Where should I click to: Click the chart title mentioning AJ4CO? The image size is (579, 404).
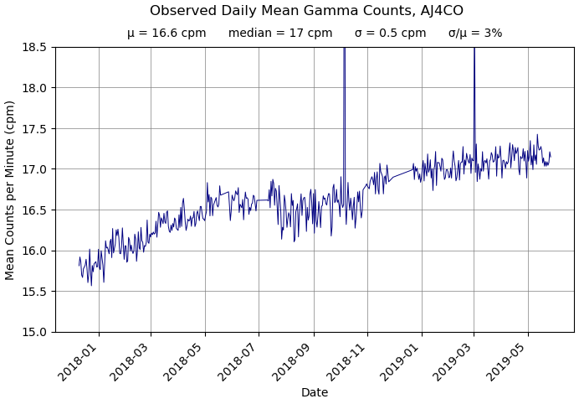coord(306,11)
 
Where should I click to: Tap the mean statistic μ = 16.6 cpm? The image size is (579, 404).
coord(167,34)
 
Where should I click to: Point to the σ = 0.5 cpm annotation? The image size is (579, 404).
coord(390,34)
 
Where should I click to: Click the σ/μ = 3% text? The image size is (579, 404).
coord(475,34)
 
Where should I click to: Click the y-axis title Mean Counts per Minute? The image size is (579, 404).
coord(11,189)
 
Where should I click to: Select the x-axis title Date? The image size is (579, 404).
coord(315,392)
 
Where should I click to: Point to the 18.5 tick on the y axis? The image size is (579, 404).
coord(33,47)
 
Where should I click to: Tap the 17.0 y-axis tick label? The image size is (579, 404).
coord(33,169)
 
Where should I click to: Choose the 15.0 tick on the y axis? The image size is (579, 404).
coord(33,332)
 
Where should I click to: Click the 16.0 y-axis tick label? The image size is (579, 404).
coord(33,251)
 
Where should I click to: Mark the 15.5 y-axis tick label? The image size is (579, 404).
coord(33,292)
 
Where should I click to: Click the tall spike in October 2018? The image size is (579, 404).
coord(344,84)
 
